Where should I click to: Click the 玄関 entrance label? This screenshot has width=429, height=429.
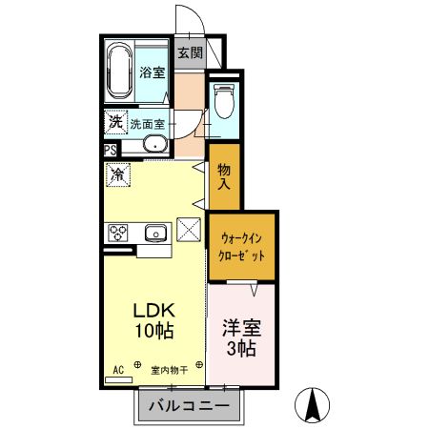[x=189, y=53]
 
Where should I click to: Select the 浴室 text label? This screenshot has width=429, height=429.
[x=151, y=72]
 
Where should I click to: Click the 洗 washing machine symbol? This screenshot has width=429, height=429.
[x=114, y=122]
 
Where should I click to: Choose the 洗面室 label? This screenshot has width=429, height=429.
[x=148, y=124]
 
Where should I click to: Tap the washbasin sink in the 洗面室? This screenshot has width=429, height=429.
[x=154, y=145]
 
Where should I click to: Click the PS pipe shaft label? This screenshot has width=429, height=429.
[x=111, y=150]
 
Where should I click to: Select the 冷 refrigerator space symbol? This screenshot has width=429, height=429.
[x=117, y=175]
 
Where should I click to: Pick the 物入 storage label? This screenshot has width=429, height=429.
[x=224, y=175]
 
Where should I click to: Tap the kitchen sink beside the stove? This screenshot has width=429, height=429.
[x=155, y=233]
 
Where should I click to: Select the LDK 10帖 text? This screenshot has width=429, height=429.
[x=153, y=322]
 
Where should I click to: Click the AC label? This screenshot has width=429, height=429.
[x=119, y=367]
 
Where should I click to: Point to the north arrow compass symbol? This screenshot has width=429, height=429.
[x=312, y=406]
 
